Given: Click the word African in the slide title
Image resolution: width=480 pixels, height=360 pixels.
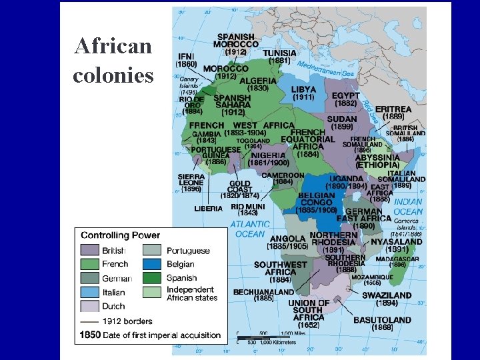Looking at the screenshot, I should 113,47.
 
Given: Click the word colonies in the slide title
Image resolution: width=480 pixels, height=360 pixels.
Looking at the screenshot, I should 113,75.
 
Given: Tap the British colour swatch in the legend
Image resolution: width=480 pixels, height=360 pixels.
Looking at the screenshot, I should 89,251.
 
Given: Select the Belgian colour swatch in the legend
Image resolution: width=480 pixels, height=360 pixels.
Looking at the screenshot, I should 153,264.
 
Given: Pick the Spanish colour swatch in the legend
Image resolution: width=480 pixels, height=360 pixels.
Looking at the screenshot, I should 153,277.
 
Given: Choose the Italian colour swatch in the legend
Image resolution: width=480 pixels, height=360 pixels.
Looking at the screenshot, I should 89,292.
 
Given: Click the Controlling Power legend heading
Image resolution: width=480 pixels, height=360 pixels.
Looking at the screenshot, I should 120,235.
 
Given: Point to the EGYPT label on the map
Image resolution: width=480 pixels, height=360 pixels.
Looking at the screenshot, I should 346,96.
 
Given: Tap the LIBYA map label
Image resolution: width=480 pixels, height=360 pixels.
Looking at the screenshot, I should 303,89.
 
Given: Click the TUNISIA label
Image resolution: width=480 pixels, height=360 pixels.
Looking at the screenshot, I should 280,53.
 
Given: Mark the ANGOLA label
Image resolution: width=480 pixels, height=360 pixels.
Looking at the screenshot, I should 288,239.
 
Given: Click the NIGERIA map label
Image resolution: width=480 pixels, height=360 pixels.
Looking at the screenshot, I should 269,155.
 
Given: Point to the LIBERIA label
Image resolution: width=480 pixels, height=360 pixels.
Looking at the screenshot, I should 208,208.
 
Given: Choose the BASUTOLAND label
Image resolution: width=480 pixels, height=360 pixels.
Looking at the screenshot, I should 383,319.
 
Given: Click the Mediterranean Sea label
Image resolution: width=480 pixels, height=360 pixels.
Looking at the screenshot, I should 325,68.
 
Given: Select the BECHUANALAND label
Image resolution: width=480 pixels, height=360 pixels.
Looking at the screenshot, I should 263,291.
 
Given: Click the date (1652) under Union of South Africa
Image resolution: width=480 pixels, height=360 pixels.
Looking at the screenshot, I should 309,325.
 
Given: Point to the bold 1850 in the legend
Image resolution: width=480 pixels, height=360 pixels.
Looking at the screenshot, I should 90,335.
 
